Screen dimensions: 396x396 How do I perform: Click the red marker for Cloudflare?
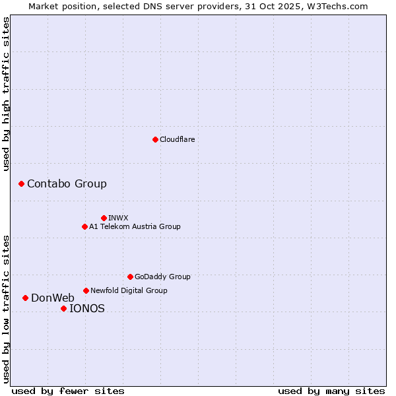point(155,139)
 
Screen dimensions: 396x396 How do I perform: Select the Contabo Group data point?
point(21,183)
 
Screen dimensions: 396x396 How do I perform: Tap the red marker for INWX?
point(104,218)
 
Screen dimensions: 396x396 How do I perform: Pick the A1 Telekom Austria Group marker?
point(84,226)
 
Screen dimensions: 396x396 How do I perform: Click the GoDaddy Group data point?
point(130,277)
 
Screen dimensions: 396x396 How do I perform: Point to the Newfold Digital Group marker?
point(86,290)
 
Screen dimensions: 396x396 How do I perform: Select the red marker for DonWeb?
point(25,298)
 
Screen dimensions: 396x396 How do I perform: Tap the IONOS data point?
point(63,308)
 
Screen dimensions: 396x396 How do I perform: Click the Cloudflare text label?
point(177,139)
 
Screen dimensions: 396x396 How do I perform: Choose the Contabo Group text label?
point(67,183)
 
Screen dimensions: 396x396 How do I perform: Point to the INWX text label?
point(118,218)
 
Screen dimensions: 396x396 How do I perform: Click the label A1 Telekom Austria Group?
point(135,226)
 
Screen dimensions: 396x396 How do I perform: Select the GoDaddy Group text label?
point(162,277)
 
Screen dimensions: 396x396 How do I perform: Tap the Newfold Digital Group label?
point(129,290)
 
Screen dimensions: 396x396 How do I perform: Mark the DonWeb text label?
point(53,298)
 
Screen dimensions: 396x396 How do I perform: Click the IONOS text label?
point(87,308)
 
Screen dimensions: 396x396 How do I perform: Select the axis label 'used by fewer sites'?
point(68,391)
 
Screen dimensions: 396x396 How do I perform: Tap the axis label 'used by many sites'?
point(331,391)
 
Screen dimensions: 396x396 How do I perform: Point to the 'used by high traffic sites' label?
point(7,94)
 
